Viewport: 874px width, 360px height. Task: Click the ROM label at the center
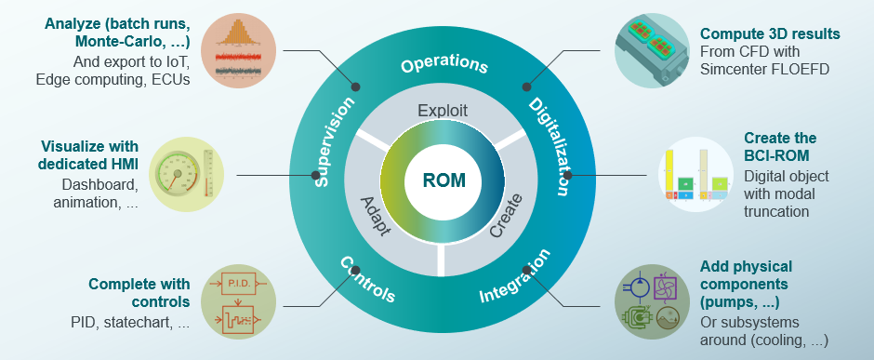tap(444, 180)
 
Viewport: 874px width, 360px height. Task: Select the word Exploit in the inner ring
tap(442, 111)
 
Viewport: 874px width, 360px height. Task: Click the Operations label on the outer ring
tap(444, 65)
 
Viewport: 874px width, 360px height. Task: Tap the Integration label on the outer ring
tap(515, 275)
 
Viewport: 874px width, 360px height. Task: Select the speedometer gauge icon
tap(187, 173)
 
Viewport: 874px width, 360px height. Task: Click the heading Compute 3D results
tap(770, 34)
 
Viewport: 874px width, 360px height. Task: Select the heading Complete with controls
tap(139, 293)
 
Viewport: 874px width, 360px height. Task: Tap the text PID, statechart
tap(130, 323)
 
